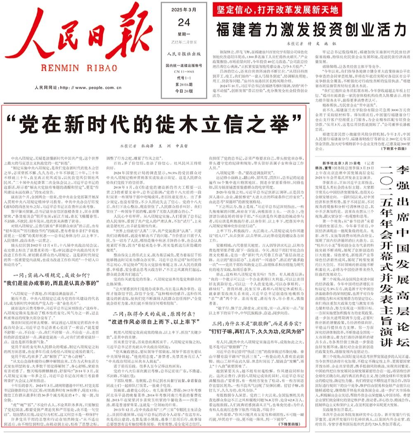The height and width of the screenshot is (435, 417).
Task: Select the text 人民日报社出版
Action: click(180, 53)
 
